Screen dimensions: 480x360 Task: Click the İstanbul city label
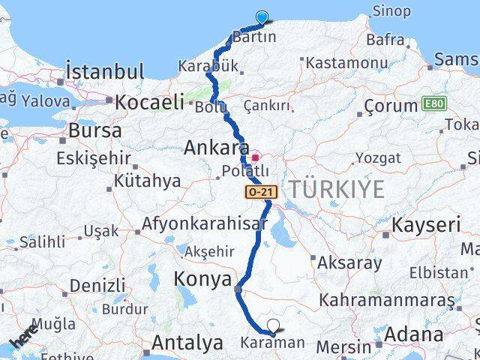coord(105,72)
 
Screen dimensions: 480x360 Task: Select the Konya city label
coord(202,280)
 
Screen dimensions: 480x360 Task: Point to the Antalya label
coord(187,343)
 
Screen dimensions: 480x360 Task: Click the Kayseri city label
coord(426,225)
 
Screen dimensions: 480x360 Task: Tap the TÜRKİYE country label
coord(337,189)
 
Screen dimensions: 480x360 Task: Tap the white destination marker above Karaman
coord(274,326)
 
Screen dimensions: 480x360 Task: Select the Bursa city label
coord(94,130)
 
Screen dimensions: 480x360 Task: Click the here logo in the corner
coord(24,337)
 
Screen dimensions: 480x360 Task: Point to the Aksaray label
coord(349,263)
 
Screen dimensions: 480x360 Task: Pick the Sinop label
coord(391,11)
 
